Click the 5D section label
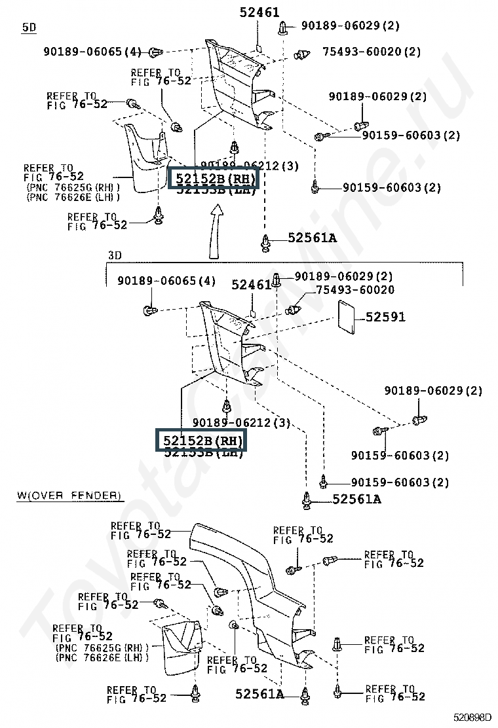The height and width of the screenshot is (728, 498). coord(29,27)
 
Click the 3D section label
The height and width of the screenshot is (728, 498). coord(115,255)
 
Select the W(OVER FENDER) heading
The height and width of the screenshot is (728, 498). coord(69,496)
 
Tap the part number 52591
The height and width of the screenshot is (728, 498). coord(385,317)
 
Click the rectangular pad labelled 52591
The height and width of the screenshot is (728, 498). coord(345,314)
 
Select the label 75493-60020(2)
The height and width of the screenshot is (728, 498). coord(371,52)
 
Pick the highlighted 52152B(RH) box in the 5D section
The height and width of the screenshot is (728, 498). coord(214,178)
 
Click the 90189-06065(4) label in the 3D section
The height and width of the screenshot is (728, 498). coord(166,281)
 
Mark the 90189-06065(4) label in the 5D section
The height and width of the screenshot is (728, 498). coord(92,51)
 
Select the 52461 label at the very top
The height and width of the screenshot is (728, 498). coord(259,12)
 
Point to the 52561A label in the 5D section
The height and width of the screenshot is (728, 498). coord(312,238)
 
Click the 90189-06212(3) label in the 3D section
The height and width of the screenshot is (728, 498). coord(241,423)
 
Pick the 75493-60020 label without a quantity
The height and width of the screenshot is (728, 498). coord(355,289)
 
